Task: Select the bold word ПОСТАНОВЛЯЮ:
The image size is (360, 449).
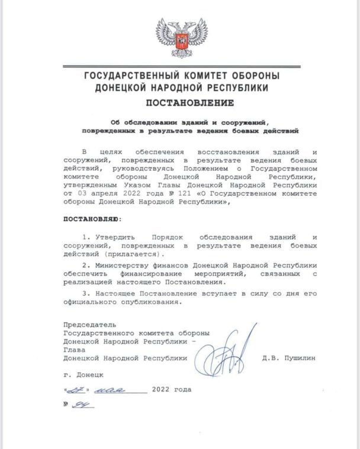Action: pyautogui.click(x=91, y=219)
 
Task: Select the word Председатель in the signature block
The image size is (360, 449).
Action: pyautogui.click(x=89, y=325)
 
